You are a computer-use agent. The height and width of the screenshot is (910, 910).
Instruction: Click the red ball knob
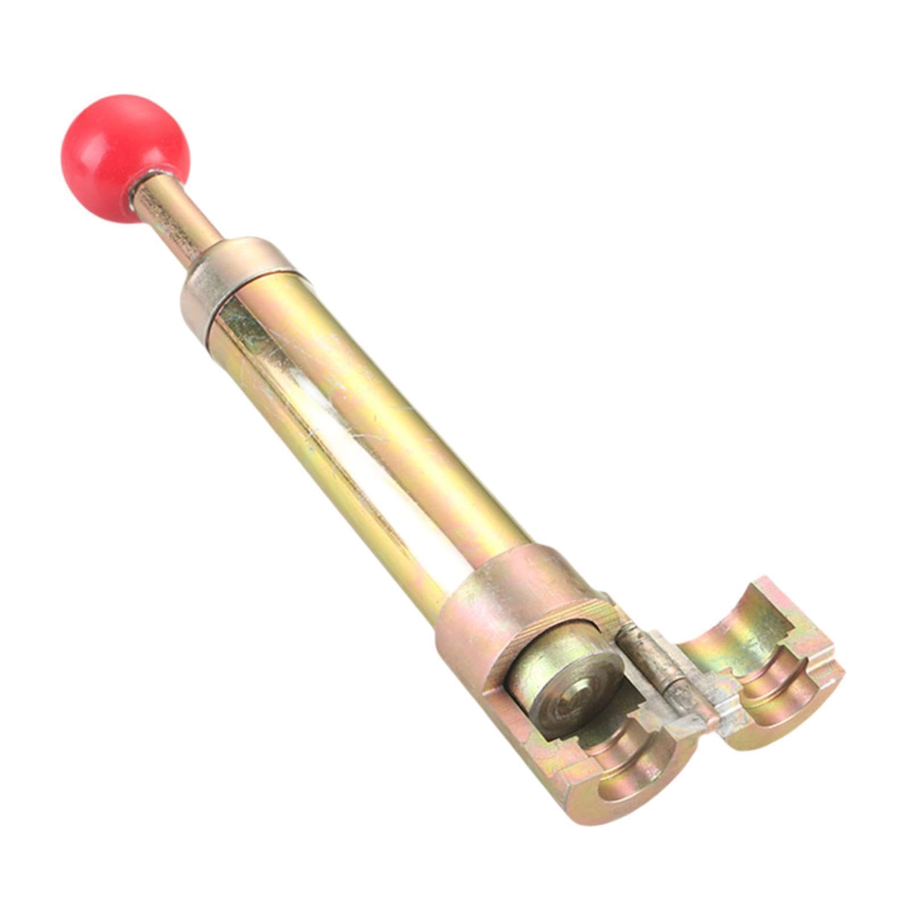click(124, 148)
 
